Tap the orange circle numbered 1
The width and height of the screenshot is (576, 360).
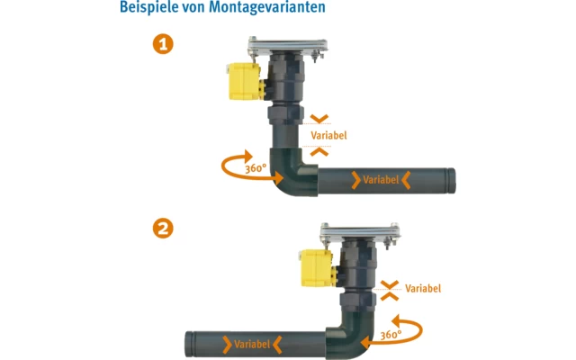click(163, 43)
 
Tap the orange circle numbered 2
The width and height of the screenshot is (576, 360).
click(163, 229)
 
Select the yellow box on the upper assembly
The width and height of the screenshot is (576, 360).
click(242, 80)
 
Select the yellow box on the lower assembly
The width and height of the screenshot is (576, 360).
click(318, 268)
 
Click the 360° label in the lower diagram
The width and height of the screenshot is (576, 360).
click(390, 335)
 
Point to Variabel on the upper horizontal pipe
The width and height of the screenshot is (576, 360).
click(381, 180)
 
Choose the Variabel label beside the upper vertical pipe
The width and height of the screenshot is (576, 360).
click(328, 135)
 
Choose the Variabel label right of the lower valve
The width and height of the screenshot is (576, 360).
click(423, 289)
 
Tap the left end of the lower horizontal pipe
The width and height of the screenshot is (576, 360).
click(189, 344)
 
